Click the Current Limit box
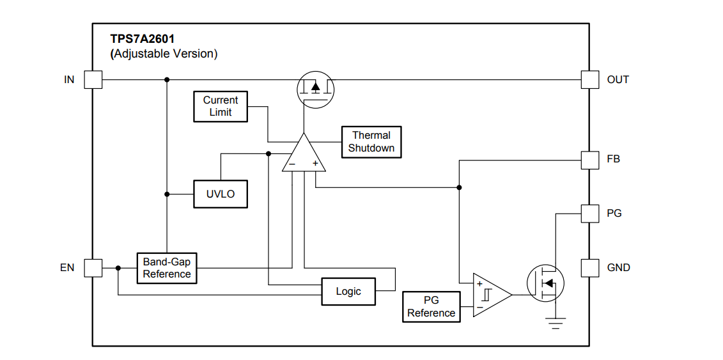221,107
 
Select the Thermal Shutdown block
371,142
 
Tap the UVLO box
221,194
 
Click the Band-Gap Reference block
166,268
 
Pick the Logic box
348,292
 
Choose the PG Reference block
431,307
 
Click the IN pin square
93,80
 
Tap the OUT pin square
590,80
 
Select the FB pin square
590,160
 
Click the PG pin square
590,214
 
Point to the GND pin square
590,268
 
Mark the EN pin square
93,268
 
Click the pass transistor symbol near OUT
315,90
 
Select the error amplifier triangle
304,153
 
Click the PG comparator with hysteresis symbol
492,295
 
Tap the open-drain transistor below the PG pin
545,283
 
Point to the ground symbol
556,323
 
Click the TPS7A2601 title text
142,39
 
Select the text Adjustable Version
164,54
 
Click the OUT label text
618,80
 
